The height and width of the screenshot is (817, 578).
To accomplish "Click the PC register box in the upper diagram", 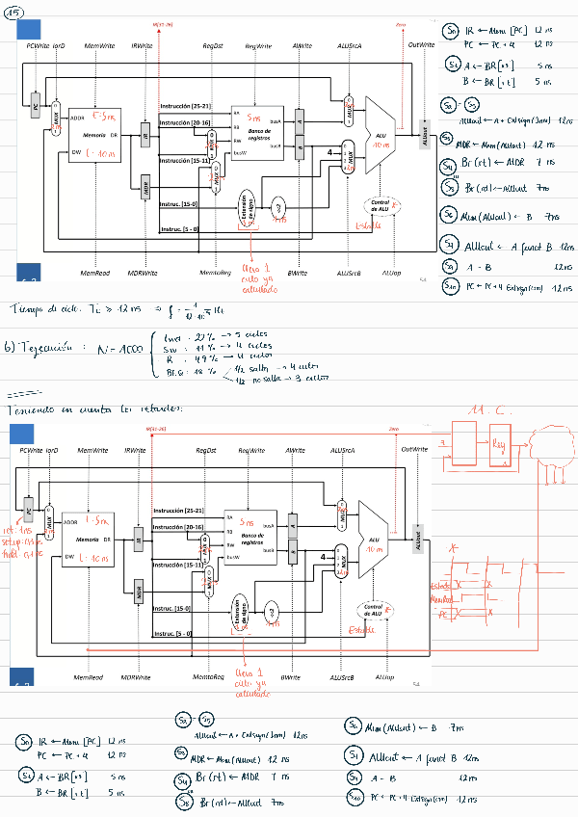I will [36, 108].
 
